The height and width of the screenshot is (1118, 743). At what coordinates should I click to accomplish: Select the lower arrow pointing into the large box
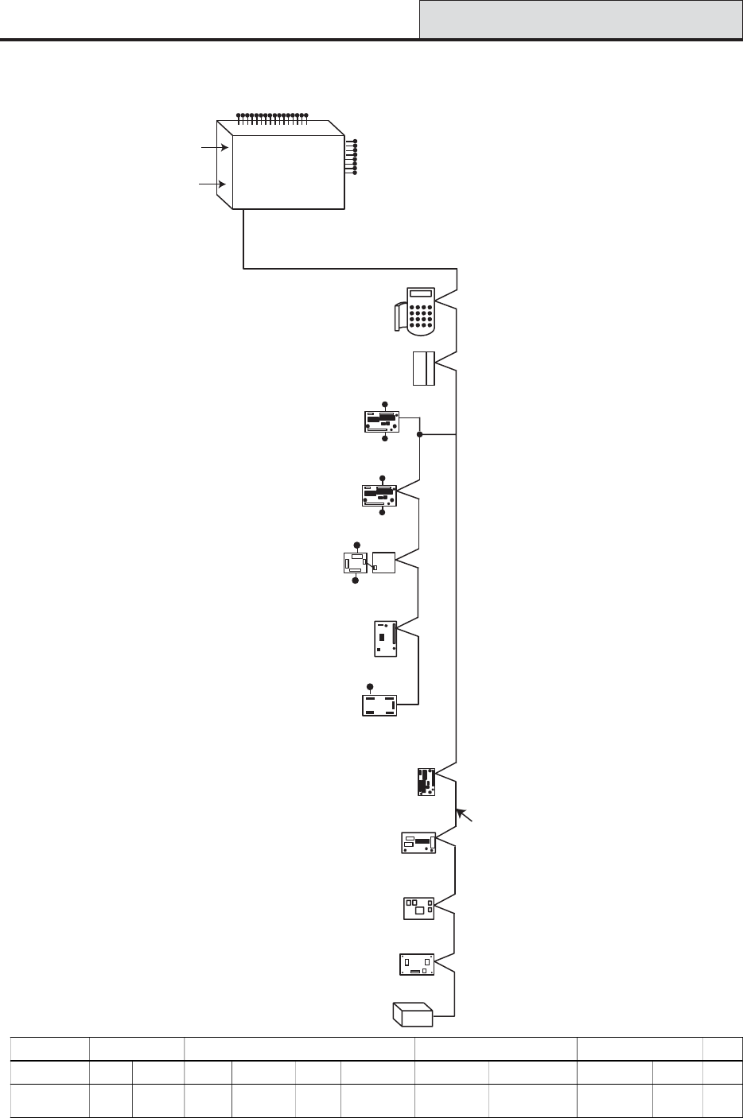[212, 184]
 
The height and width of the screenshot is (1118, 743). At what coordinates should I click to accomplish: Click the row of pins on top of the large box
[272, 117]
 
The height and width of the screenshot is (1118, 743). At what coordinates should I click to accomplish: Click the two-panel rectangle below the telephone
[424, 368]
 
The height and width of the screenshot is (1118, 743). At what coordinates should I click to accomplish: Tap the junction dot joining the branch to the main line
[420, 434]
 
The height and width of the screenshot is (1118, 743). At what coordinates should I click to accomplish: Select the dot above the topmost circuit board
[385, 404]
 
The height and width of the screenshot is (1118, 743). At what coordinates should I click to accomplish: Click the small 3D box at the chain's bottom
[412, 1015]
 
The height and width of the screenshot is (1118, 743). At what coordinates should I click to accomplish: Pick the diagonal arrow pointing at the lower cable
[465, 817]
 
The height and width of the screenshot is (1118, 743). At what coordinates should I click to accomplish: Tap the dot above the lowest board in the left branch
[369, 686]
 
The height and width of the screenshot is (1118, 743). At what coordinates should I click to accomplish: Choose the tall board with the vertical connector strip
[385, 639]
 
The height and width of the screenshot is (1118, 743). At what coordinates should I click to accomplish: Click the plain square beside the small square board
[383, 561]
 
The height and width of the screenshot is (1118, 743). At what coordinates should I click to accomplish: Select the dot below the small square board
[356, 581]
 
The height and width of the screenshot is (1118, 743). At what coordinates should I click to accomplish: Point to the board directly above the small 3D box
[416, 965]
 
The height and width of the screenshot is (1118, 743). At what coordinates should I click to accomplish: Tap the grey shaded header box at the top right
[581, 19]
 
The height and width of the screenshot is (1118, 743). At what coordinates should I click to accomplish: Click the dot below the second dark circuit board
[382, 513]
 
